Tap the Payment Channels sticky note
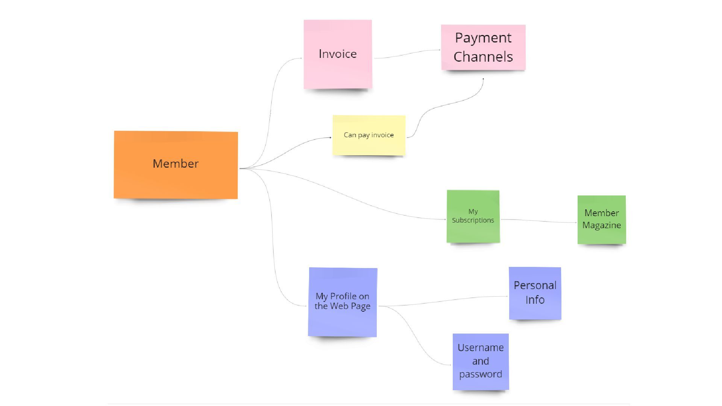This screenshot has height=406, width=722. pyautogui.click(x=483, y=47)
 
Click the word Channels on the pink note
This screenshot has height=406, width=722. pyautogui.click(x=483, y=57)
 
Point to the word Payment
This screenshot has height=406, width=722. pyautogui.click(x=483, y=38)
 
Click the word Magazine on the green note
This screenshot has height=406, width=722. pyautogui.click(x=602, y=225)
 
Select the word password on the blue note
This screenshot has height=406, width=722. pyautogui.click(x=481, y=374)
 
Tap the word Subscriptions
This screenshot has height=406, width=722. pyautogui.click(x=473, y=220)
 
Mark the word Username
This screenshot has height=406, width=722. pyautogui.click(x=481, y=348)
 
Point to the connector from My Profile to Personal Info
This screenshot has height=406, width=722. pyautogui.click(x=444, y=300)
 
